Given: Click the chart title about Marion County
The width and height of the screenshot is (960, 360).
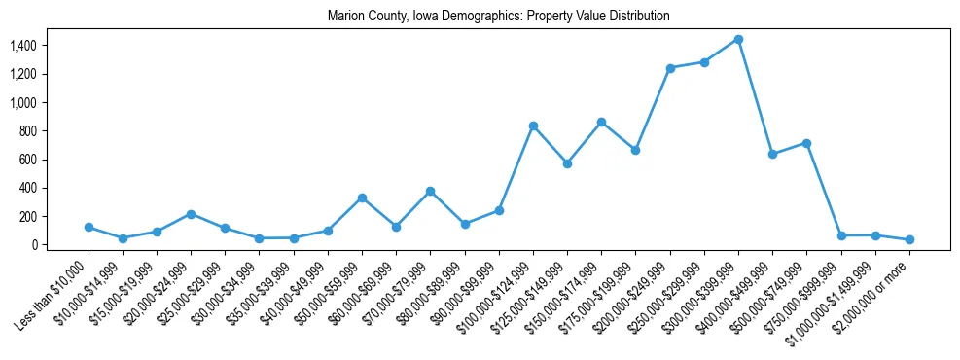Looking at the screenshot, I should pyautogui.click(x=499, y=17).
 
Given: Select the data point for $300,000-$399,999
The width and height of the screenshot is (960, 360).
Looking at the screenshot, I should pyautogui.click(x=738, y=40).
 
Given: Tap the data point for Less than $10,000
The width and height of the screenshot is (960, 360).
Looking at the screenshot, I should pyautogui.click(x=89, y=227).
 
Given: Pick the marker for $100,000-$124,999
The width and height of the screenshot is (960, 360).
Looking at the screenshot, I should pyautogui.click(x=533, y=126).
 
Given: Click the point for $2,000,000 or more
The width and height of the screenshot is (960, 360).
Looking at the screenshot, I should pyautogui.click(x=909, y=239).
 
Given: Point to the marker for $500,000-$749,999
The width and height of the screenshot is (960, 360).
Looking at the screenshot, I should pyautogui.click(x=806, y=143).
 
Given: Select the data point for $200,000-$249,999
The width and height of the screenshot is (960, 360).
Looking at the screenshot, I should pyautogui.click(x=670, y=68).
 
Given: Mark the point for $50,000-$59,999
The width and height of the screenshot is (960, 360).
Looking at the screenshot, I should pyautogui.click(x=362, y=198).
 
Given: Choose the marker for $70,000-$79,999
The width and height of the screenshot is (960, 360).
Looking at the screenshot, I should pyautogui.click(x=430, y=191).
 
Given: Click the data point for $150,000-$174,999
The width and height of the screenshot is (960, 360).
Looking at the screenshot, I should pyautogui.click(x=601, y=122).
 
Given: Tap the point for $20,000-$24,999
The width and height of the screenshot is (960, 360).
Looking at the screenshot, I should pyautogui.click(x=191, y=214).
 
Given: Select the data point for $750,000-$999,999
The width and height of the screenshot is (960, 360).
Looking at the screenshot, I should pyautogui.click(x=841, y=235).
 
